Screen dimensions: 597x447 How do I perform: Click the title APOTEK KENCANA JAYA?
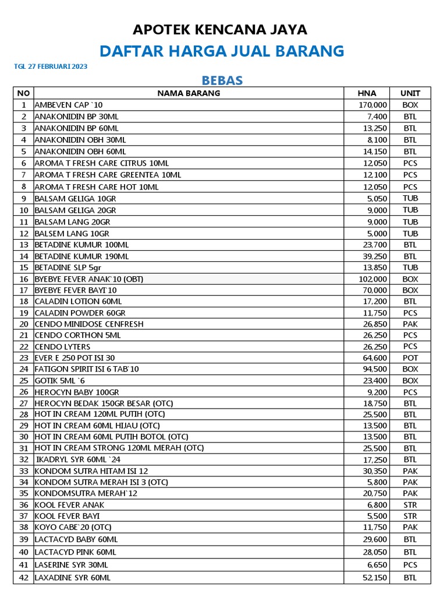pos(220,29)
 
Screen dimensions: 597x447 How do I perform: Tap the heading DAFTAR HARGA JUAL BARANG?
pos(222,51)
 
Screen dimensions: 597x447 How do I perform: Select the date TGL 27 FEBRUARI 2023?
pos(51,66)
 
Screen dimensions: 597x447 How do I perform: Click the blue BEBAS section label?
pos(222,80)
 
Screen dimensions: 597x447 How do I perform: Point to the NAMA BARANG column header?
pos(189,93)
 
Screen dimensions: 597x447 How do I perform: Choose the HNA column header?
pos(367,93)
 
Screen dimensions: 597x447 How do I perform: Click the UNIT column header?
pos(410,93)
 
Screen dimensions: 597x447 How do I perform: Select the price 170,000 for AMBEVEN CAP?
pos(373,105)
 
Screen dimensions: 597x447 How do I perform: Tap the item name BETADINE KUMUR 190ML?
pos(82,256)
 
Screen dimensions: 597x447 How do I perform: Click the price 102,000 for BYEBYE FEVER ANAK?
pos(373,279)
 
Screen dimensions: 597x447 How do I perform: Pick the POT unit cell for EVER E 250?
pos(410,358)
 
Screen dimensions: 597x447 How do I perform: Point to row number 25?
pos(24,381)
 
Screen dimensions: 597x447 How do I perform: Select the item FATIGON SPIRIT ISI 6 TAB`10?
pos(87,369)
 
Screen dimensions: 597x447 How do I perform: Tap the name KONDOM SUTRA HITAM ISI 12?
pos(91,471)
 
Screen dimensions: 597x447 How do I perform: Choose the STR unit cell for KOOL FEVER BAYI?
pos(410,516)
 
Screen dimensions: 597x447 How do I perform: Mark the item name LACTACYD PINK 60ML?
pos(76,552)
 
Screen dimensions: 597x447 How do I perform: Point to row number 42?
pos(24,578)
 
